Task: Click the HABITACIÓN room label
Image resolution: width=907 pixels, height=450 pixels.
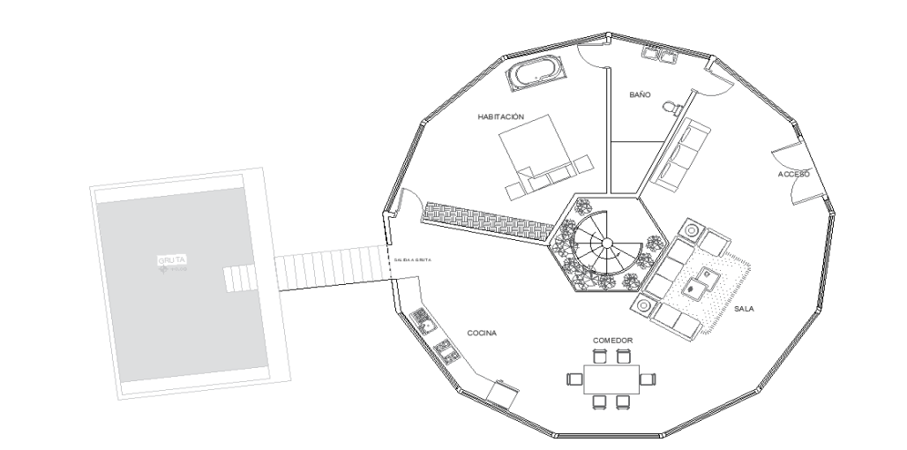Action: click(502, 116)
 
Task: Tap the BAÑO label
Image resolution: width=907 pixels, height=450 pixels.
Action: click(640, 94)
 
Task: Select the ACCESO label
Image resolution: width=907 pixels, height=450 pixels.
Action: click(793, 175)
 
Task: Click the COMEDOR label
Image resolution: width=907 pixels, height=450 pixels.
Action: click(612, 340)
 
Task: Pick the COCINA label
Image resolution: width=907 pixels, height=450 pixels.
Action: click(483, 334)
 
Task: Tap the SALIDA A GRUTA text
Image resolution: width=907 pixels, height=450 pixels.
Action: click(413, 260)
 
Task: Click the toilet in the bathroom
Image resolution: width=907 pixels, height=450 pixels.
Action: click(671, 107)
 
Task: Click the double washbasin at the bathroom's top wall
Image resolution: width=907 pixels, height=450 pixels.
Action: click(660, 56)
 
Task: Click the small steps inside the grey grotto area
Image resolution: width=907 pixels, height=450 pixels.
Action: click(237, 279)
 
